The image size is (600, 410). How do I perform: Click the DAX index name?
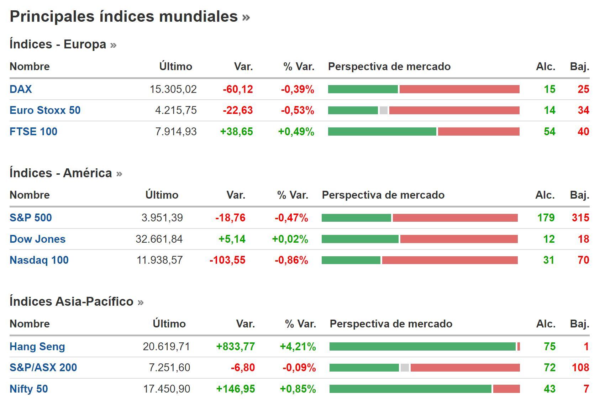pyautogui.click(x=21, y=89)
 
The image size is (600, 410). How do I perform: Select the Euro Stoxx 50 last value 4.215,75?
pyautogui.click(x=176, y=110)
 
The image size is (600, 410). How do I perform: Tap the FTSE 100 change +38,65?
pyautogui.click(x=236, y=132)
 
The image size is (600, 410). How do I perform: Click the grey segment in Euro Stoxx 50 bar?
pyautogui.click(x=383, y=110)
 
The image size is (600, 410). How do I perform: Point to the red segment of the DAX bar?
pyautogui.click(x=459, y=89)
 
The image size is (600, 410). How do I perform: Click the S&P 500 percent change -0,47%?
pyautogui.click(x=291, y=218)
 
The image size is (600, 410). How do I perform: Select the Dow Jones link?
pyautogui.click(x=37, y=239)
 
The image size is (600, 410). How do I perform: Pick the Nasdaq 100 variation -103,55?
pyautogui.click(x=227, y=260)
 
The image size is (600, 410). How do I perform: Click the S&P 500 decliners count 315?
pyautogui.click(x=580, y=218)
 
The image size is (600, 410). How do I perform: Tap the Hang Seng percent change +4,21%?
pyautogui.click(x=298, y=347)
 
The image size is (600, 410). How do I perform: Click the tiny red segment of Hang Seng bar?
pyautogui.click(x=519, y=347)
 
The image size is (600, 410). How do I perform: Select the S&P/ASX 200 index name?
pyautogui.click(x=43, y=368)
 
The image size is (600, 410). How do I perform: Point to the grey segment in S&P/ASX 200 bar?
pyautogui.click(x=405, y=368)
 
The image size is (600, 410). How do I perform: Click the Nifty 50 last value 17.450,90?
pyautogui.click(x=167, y=389)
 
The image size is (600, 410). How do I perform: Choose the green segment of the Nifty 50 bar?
pyautogui.click(x=410, y=389)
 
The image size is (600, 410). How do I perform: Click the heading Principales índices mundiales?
pyautogui.click(x=123, y=16)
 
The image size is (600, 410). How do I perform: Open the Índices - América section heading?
pyautogui.click(x=60, y=173)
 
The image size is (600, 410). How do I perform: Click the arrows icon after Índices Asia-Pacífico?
pyautogui.click(x=141, y=303)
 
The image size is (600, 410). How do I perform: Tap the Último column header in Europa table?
pyautogui.click(x=175, y=67)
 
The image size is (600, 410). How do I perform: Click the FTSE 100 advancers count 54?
pyautogui.click(x=549, y=132)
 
